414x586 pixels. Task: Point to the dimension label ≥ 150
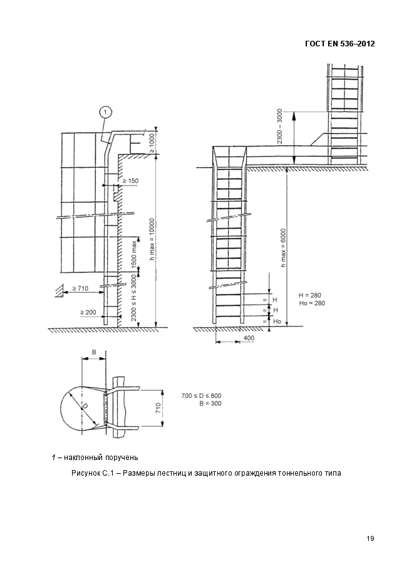[131, 181]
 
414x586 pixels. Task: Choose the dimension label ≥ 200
[88, 311]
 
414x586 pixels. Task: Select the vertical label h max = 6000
[284, 248]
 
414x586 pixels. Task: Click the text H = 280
[311, 295]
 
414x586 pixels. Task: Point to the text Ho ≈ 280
[313, 303]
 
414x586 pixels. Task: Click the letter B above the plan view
[94, 352]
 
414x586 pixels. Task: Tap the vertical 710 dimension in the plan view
[158, 409]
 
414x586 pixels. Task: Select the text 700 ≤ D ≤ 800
[201, 395]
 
